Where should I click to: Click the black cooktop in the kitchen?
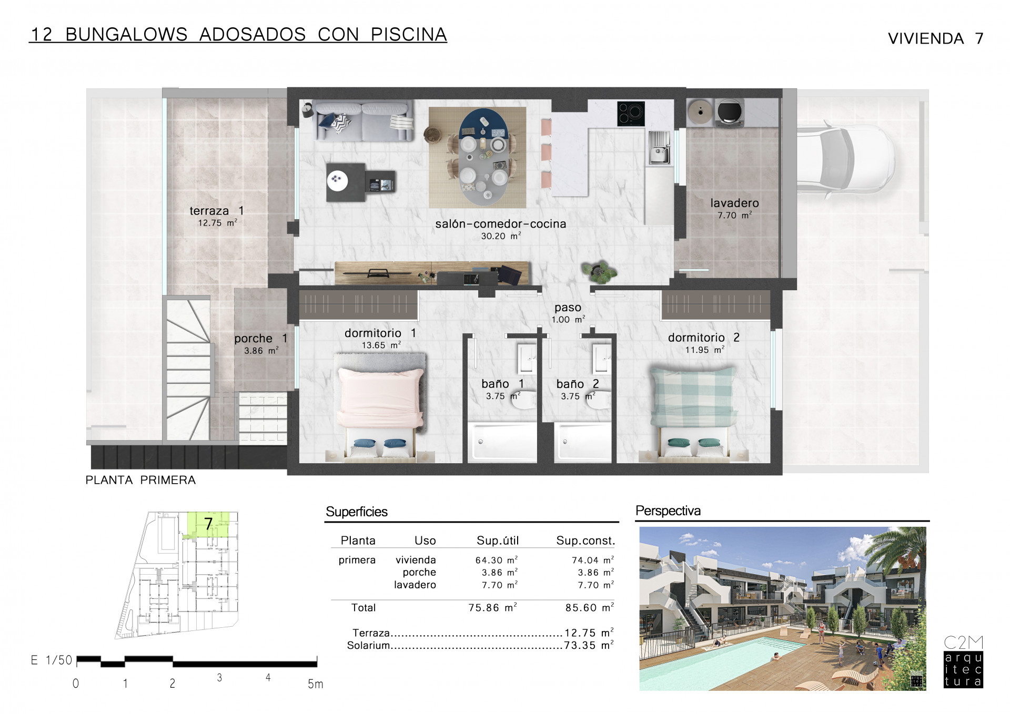coord(631,113)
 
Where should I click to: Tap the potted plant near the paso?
coord(599,271)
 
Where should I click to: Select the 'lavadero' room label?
coord(734,203)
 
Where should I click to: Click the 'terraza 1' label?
coord(217,211)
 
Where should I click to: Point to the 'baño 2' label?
coord(578,384)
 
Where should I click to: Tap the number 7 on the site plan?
coord(208,524)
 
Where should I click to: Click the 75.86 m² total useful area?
coord(492,607)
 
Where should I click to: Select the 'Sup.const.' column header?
coord(585,540)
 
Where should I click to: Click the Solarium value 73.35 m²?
coord(589,645)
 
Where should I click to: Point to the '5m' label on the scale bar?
coord(315,684)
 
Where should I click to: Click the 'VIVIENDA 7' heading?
coord(935,38)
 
